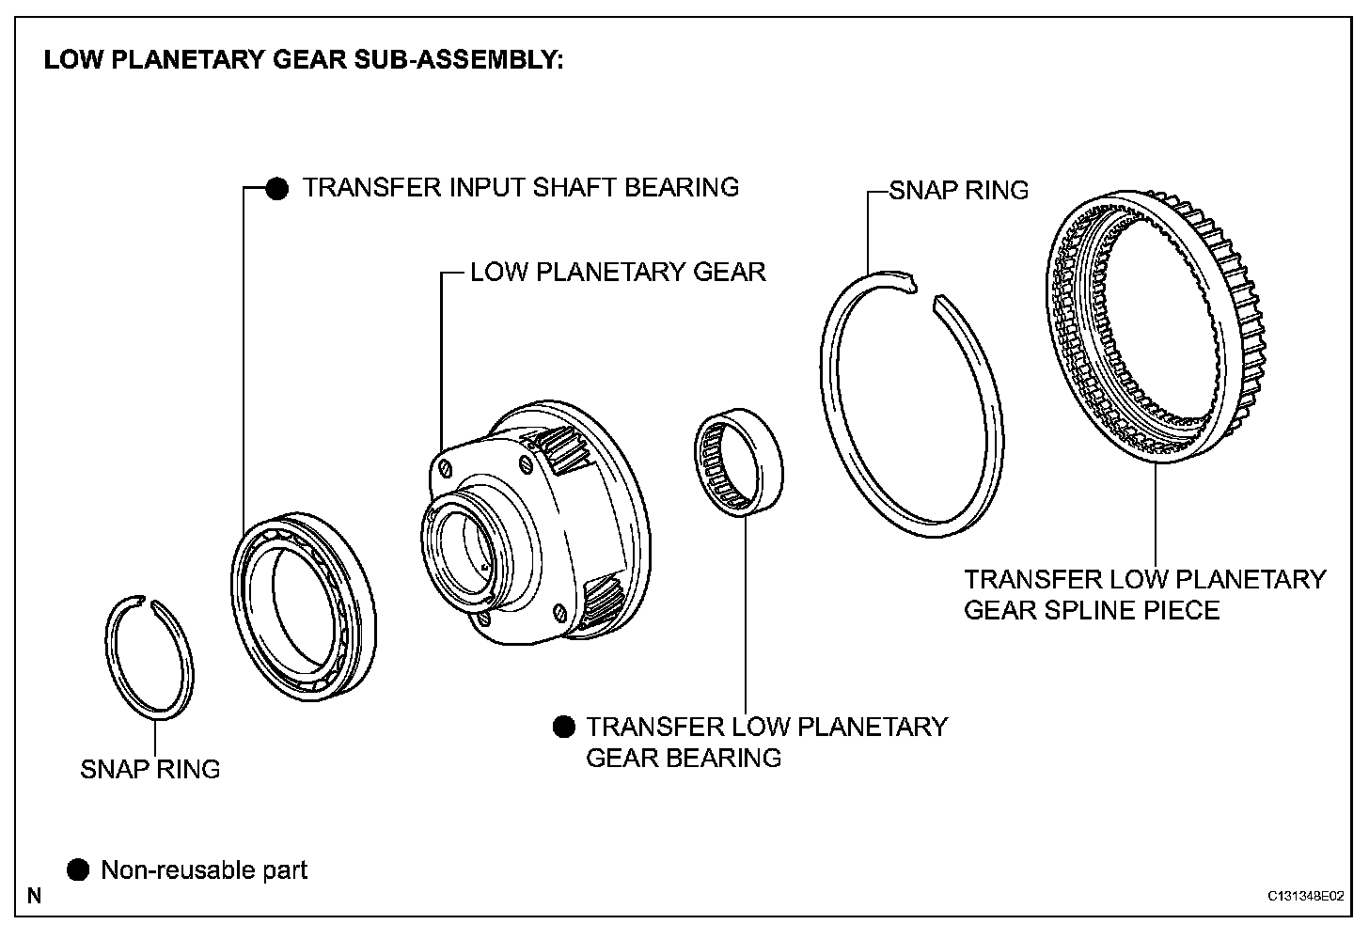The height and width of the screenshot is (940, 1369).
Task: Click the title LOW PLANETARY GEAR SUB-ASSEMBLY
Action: pyautogui.click(x=304, y=61)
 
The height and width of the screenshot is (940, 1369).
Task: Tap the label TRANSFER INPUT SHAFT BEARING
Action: pyautogui.click(x=520, y=187)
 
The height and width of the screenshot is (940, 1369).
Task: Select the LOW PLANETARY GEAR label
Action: pyautogui.click(x=618, y=273)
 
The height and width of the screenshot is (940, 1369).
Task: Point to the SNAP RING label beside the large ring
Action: pyautogui.click(x=959, y=191)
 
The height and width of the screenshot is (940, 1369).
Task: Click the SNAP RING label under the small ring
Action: pyautogui.click(x=150, y=769)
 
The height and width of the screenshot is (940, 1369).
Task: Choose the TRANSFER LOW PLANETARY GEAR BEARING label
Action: pyautogui.click(x=766, y=742)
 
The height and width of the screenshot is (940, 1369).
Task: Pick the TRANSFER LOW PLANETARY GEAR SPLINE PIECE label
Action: pyautogui.click(x=1144, y=594)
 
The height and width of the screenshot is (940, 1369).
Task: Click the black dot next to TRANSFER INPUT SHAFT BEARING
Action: pyautogui.click(x=276, y=188)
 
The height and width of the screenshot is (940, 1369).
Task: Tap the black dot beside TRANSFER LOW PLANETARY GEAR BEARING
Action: pyautogui.click(x=563, y=727)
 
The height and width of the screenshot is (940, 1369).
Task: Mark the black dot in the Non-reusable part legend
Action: pyautogui.click(x=78, y=869)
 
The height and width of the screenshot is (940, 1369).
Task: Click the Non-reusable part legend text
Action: pyautogui.click(x=204, y=870)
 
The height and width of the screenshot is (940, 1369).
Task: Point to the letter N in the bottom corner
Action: pyautogui.click(x=35, y=895)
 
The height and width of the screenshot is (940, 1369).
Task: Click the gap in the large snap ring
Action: pyautogui.click(x=922, y=287)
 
